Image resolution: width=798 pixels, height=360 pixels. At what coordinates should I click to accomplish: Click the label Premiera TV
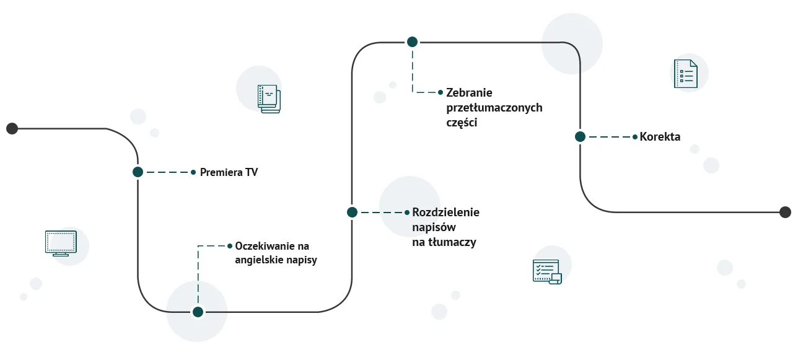click(x=229, y=172)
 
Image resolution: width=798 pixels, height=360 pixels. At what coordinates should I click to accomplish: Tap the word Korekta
click(x=660, y=137)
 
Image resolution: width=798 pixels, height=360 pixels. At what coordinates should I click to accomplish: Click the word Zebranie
click(x=469, y=93)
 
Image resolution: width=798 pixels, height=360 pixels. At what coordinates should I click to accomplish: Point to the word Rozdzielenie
click(x=445, y=213)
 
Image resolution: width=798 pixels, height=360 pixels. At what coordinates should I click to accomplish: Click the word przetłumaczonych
click(x=494, y=108)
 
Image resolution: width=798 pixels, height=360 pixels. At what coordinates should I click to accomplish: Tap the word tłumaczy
click(x=452, y=242)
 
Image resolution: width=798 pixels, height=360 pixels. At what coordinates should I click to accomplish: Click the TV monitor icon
click(x=61, y=243)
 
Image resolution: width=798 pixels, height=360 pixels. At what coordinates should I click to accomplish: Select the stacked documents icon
click(x=269, y=99)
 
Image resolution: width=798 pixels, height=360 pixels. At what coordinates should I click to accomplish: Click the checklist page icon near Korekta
click(x=685, y=74)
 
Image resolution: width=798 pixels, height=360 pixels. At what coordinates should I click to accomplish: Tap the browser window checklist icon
click(x=546, y=271)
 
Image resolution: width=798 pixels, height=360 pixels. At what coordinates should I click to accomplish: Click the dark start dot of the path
click(x=12, y=128)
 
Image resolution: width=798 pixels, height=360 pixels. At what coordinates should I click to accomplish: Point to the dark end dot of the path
click(x=785, y=212)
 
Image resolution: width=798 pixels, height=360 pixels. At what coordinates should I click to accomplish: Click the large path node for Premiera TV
click(x=138, y=172)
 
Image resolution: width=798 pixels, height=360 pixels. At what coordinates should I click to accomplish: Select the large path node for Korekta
click(x=580, y=137)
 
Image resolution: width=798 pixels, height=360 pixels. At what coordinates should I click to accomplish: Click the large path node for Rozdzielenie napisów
click(x=352, y=213)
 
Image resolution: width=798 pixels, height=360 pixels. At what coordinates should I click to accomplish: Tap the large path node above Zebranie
click(x=412, y=42)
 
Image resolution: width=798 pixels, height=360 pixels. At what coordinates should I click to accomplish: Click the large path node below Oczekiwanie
click(x=198, y=312)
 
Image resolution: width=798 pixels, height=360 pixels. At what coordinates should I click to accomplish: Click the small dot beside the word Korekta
click(x=635, y=137)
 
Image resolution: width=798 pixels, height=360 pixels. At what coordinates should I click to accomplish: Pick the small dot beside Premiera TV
click(x=193, y=172)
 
